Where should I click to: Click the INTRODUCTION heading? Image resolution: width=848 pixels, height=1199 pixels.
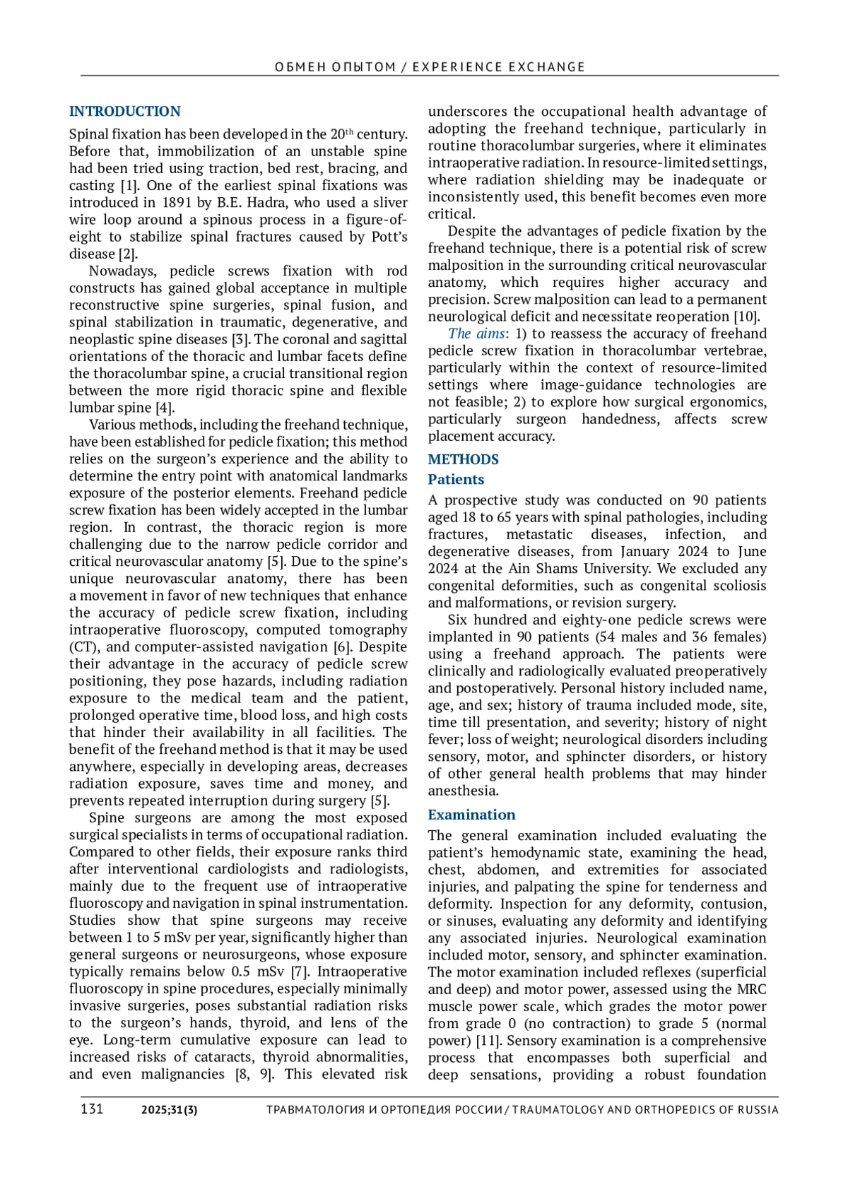tap(124, 112)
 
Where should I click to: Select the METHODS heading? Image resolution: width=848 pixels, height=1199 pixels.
tap(463, 459)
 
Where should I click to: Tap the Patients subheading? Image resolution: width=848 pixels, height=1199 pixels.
tap(456, 479)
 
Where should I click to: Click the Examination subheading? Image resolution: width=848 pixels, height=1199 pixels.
tap(471, 815)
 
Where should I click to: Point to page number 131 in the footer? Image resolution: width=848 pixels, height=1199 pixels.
tap(92, 1109)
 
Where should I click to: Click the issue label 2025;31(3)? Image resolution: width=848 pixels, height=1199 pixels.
tap(170, 1109)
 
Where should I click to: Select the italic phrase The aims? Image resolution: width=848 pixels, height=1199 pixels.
tap(477, 333)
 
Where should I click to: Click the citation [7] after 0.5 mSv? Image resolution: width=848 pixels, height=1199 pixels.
tap(300, 971)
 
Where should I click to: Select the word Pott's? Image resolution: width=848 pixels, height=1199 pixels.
tap(389, 237)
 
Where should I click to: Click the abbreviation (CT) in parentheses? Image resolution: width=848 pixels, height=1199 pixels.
tap(83, 647)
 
